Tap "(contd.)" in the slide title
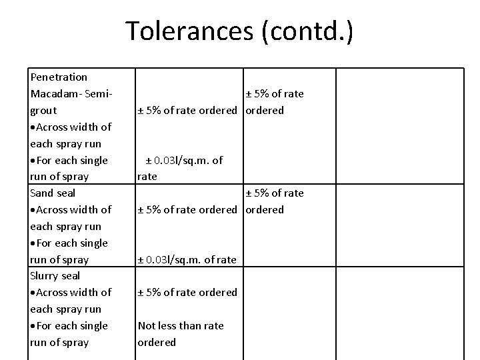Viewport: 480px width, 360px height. click(x=308, y=31)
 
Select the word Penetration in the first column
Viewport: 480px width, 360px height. click(x=59, y=77)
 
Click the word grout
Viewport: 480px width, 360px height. click(x=43, y=111)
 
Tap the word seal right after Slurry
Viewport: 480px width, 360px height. click(x=71, y=276)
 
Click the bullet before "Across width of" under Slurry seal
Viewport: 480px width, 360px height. click(x=33, y=293)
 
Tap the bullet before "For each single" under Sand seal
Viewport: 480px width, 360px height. click(x=33, y=243)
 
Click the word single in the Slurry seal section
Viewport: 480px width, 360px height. click(x=93, y=326)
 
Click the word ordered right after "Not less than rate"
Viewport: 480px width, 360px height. click(x=157, y=342)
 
